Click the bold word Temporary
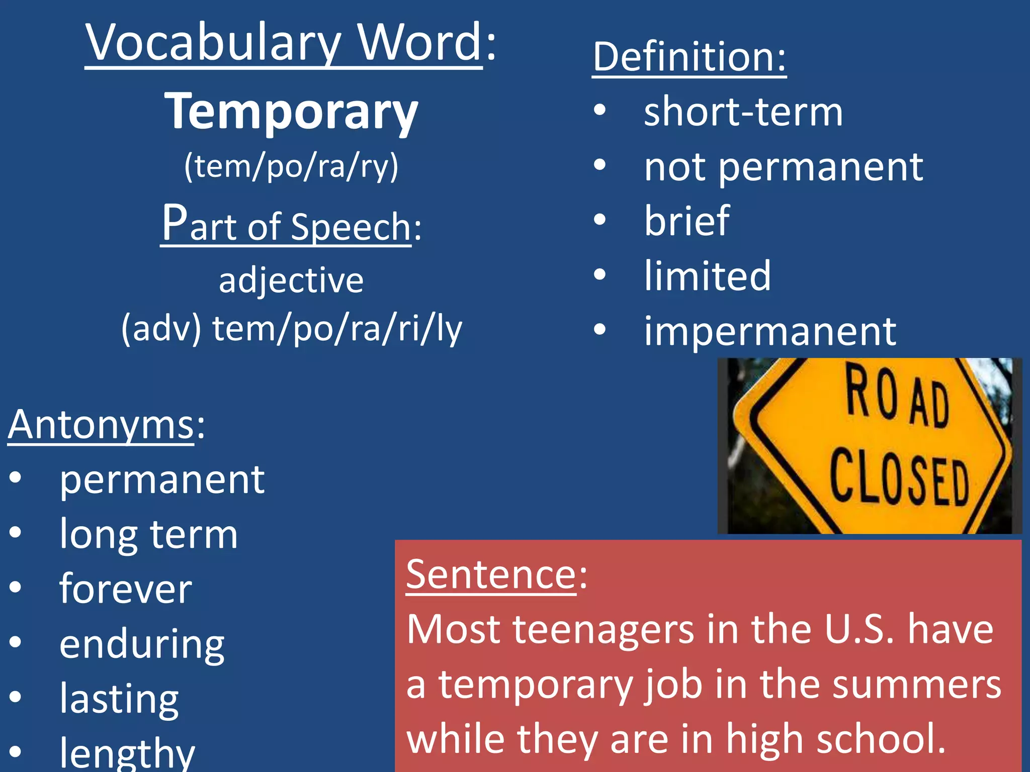click(291, 112)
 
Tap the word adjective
click(291, 280)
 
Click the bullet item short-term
click(743, 112)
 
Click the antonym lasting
click(119, 698)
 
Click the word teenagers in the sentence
click(603, 629)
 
